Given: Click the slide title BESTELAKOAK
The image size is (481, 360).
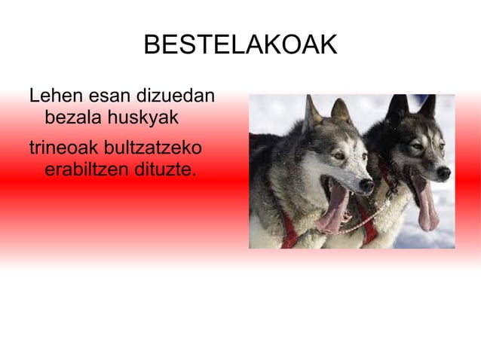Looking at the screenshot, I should tap(240, 46).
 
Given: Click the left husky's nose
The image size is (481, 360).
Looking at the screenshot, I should tap(366, 185).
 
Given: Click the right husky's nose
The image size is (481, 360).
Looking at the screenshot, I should tap(444, 172).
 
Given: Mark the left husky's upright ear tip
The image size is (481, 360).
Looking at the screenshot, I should tap(310, 99).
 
